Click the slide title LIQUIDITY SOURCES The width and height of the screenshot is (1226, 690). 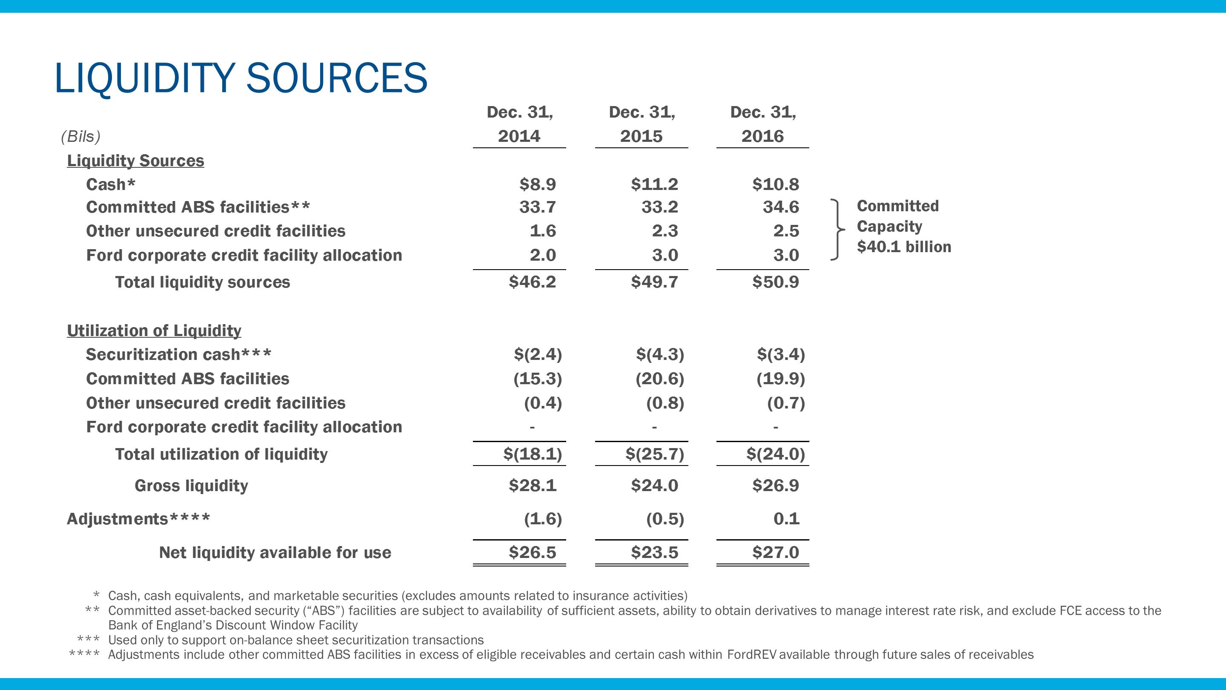tap(241, 78)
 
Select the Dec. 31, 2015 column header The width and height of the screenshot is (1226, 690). tap(642, 124)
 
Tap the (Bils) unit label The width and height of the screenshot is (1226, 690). tap(80, 137)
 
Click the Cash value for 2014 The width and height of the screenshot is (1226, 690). tap(537, 184)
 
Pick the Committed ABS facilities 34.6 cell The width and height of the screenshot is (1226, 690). tap(781, 207)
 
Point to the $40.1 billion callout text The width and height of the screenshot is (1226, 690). tap(904, 247)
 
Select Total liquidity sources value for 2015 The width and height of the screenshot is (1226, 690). tap(654, 282)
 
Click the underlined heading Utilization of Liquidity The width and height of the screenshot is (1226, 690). tap(154, 331)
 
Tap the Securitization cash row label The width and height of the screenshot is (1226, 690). tap(178, 355)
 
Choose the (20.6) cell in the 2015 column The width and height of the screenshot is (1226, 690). tap(660, 379)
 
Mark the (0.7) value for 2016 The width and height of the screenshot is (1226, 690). tap(786, 403)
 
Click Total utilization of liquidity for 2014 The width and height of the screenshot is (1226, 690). tap(533, 454)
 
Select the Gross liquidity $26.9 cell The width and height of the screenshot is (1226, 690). tap(775, 486)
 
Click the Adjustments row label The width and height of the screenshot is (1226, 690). tap(138, 519)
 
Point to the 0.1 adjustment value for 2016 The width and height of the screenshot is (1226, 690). tap(786, 519)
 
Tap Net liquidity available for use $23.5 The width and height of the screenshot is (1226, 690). tap(654, 552)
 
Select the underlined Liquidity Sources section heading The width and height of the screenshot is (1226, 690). tap(135, 161)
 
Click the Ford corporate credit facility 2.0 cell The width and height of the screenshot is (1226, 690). tap(543, 255)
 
